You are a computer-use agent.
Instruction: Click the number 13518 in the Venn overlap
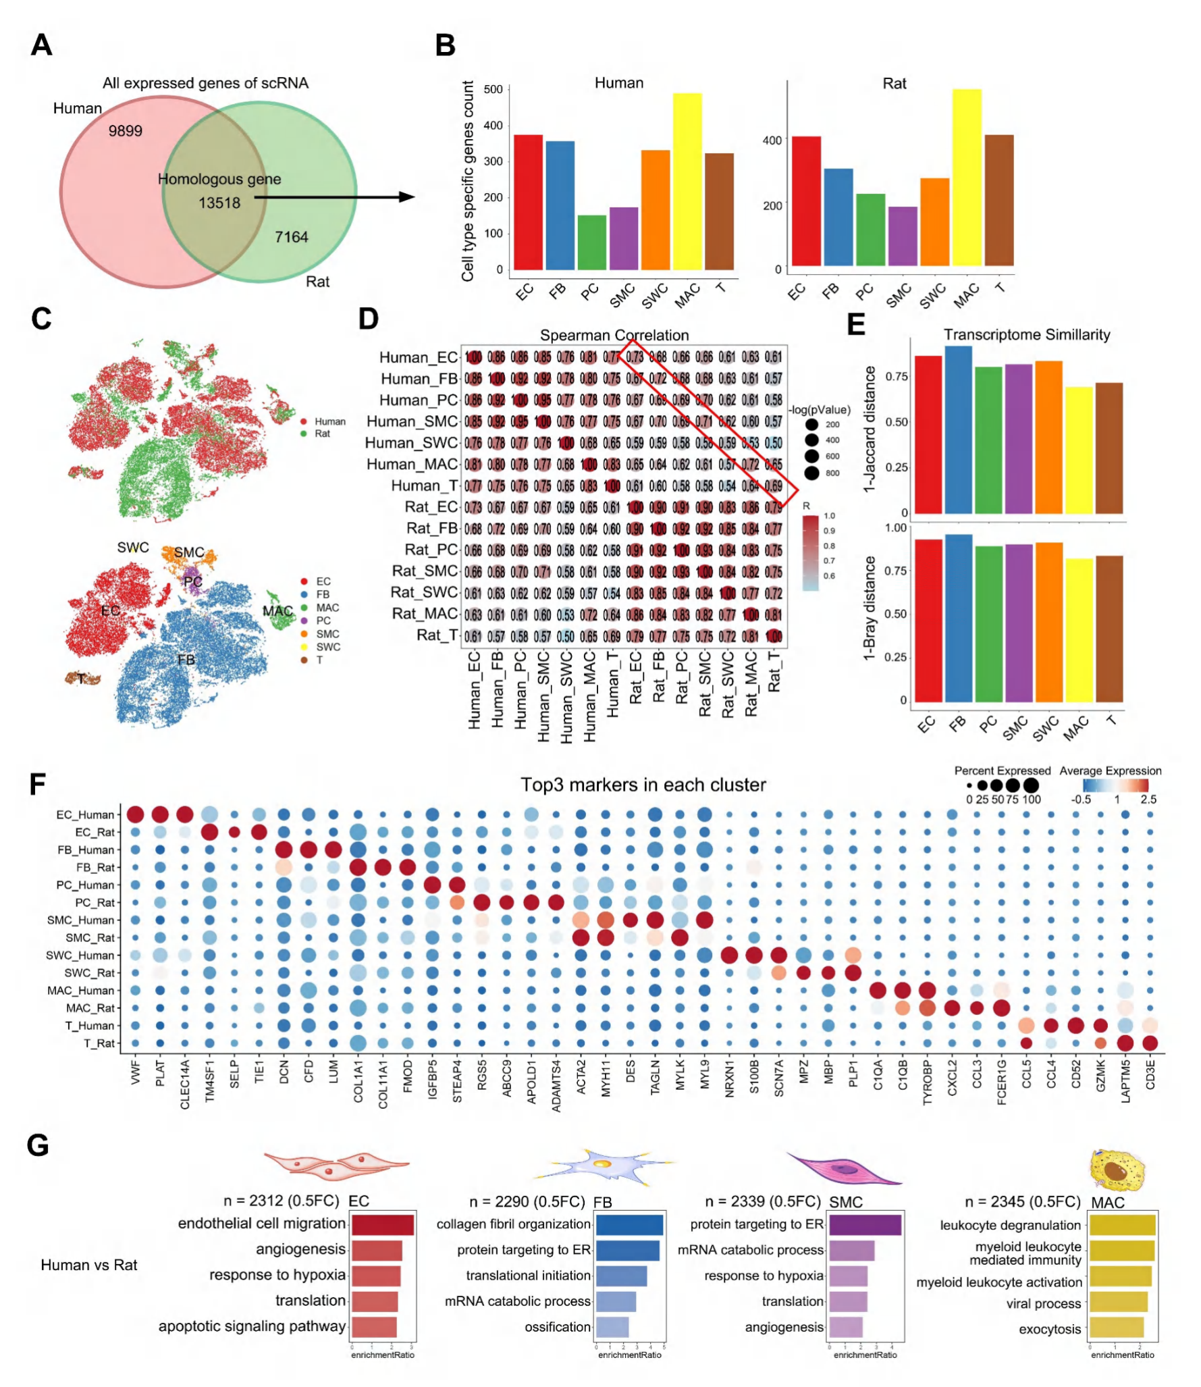(x=219, y=203)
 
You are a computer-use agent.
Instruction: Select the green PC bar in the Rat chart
(x=870, y=230)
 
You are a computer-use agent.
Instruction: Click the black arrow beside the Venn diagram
(x=334, y=197)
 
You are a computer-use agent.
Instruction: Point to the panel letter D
(x=368, y=319)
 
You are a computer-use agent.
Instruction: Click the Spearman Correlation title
(x=614, y=335)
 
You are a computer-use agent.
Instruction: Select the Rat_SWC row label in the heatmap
(x=423, y=592)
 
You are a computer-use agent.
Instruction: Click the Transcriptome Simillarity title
(x=1026, y=334)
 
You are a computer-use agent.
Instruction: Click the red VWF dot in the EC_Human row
(x=135, y=814)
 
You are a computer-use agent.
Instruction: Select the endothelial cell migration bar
(x=382, y=1225)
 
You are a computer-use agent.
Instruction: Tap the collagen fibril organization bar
(x=629, y=1225)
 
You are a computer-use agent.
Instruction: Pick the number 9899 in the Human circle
(x=126, y=131)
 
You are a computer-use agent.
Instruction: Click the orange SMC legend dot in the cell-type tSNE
(x=304, y=634)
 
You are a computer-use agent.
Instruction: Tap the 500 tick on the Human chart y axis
(x=493, y=89)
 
